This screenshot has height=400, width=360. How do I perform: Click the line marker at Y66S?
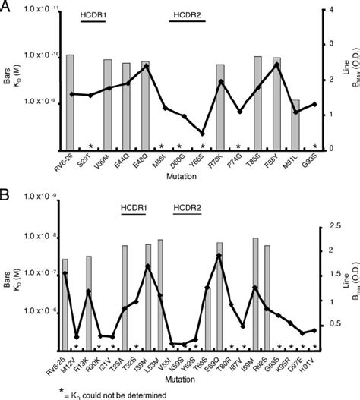click(x=202, y=134)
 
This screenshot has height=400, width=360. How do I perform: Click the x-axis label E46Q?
click(x=142, y=161)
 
